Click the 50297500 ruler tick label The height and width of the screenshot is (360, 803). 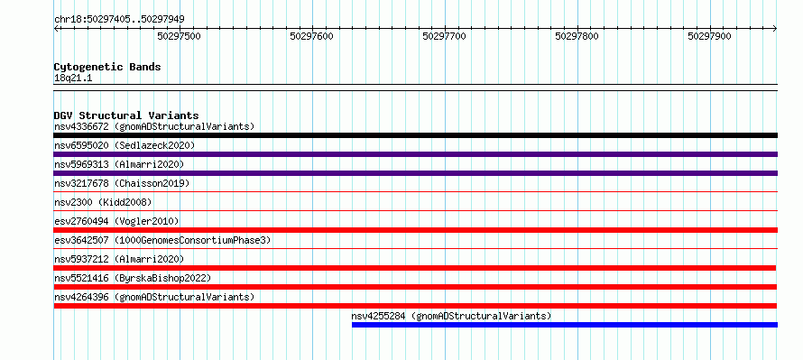180,36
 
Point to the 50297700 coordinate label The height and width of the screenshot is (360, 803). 445,36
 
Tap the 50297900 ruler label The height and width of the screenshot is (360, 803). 710,36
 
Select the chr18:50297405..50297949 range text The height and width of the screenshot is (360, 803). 119,20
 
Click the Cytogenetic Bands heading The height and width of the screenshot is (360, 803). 107,67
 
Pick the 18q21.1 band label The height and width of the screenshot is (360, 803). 73,78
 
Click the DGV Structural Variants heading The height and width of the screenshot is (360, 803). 126,115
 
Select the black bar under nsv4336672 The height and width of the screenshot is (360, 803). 416,135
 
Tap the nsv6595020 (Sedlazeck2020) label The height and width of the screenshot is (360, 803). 125,145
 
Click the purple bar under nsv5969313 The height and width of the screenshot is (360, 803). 416,173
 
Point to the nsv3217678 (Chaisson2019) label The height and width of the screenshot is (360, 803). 122,183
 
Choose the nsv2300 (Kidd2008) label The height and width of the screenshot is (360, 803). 103,202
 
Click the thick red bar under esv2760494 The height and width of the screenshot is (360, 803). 416,230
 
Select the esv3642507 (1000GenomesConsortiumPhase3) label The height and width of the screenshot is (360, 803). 162,240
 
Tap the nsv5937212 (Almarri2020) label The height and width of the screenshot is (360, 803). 119,259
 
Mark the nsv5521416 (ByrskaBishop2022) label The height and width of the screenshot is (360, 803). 133,278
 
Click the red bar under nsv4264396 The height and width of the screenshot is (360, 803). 415,306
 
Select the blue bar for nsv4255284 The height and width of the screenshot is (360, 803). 565,325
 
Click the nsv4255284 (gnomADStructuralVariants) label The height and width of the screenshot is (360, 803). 451,316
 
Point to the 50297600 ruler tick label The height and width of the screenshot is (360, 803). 312,36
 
